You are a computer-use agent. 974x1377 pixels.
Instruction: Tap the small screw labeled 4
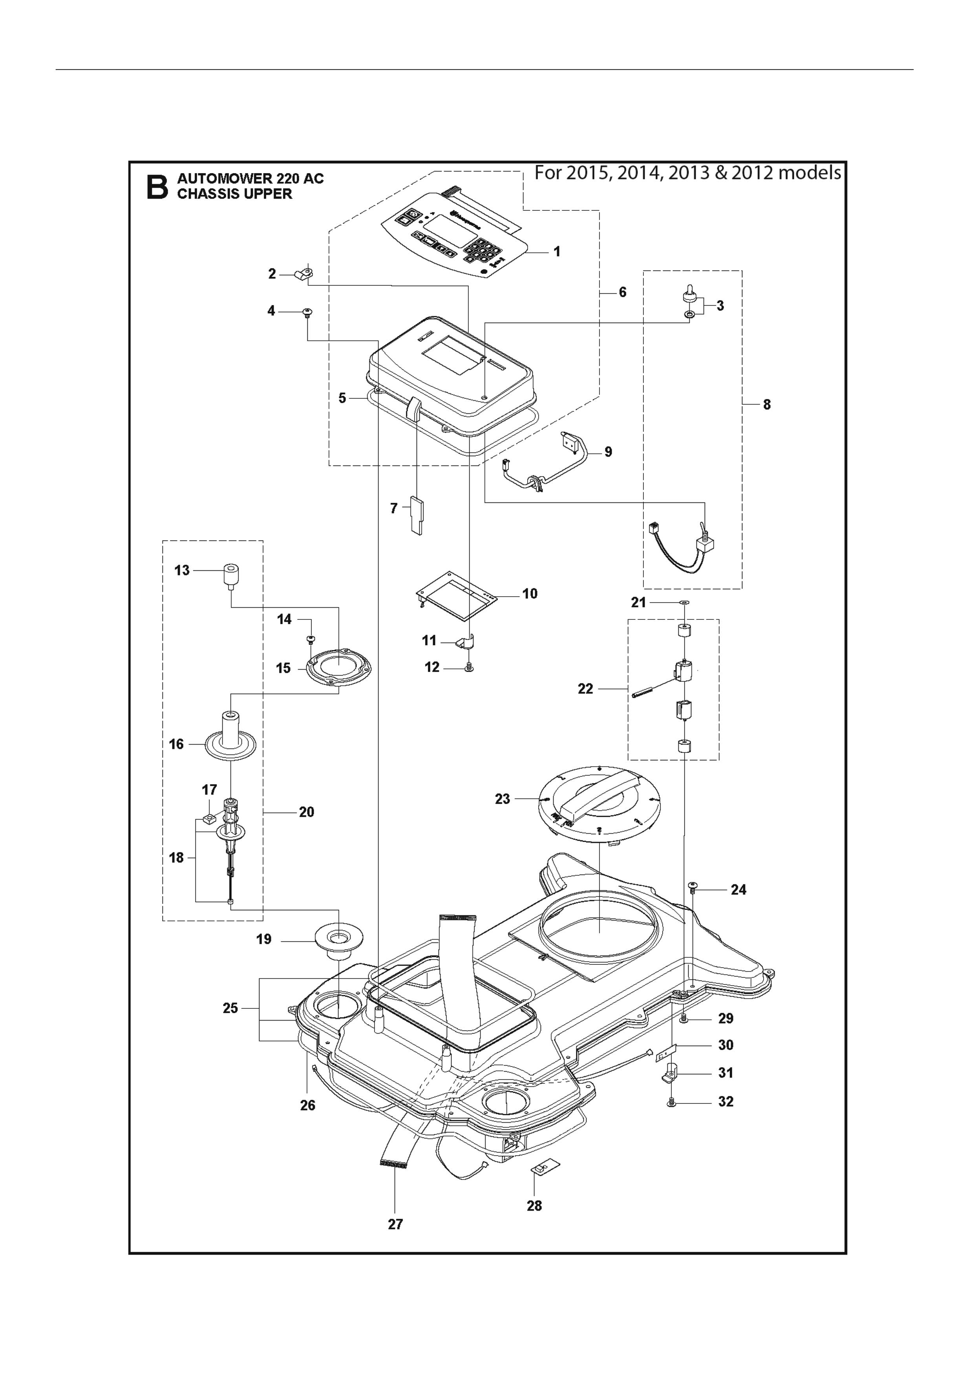pos(308,311)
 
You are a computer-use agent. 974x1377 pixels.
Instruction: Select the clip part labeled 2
pos(304,274)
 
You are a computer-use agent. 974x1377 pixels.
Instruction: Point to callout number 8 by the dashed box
pos(766,404)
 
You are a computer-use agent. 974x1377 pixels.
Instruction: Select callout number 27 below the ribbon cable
pos(395,1224)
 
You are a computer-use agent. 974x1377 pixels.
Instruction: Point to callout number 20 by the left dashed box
pos(306,812)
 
